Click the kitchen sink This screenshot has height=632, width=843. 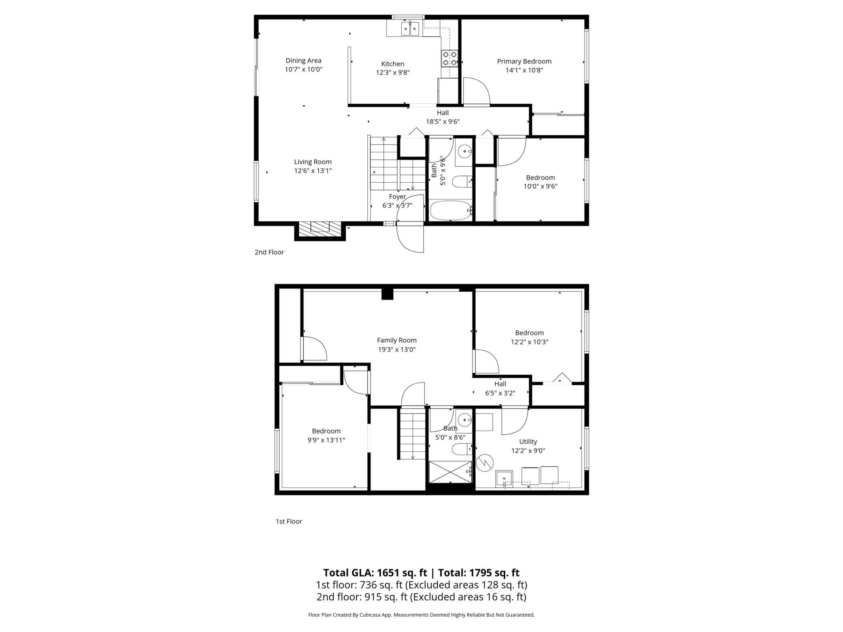click(x=410, y=29)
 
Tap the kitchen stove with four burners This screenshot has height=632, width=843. click(x=449, y=58)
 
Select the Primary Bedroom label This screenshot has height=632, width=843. click(x=524, y=61)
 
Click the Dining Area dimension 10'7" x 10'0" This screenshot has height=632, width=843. click(x=304, y=69)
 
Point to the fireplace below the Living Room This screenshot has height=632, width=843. click(x=320, y=229)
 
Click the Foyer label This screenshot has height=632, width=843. click(x=397, y=196)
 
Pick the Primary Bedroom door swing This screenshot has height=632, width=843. click(x=477, y=91)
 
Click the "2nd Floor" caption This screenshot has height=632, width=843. click(x=269, y=252)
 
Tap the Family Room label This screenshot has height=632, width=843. click(x=397, y=340)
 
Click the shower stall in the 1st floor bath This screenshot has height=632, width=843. click(x=451, y=472)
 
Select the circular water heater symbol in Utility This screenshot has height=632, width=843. click(x=485, y=463)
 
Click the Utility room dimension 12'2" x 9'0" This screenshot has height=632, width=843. click(x=528, y=451)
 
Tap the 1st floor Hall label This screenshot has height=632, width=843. click(x=500, y=384)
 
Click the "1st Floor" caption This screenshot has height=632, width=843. click(x=289, y=521)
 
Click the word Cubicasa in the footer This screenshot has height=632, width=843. click(x=369, y=615)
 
